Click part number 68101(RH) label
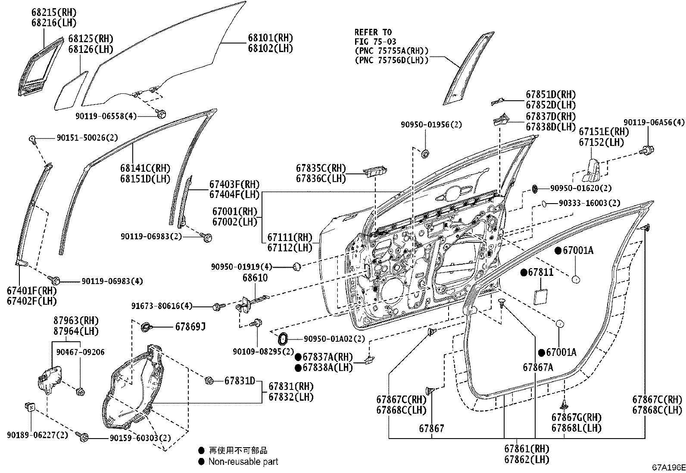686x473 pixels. [270, 38]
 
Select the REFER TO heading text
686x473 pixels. [373, 32]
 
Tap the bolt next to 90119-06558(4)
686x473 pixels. [162, 114]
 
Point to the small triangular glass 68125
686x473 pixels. [70, 90]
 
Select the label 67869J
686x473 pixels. [190, 327]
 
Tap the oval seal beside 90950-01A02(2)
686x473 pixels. [282, 339]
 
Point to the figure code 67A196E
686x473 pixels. [667, 467]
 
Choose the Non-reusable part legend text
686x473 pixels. [243, 462]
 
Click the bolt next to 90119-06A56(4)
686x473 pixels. [647, 150]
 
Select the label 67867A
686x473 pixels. [538, 367]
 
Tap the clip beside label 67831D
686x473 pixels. [209, 380]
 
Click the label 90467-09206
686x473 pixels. [80, 352]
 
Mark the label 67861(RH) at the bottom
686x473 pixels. [527, 449]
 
